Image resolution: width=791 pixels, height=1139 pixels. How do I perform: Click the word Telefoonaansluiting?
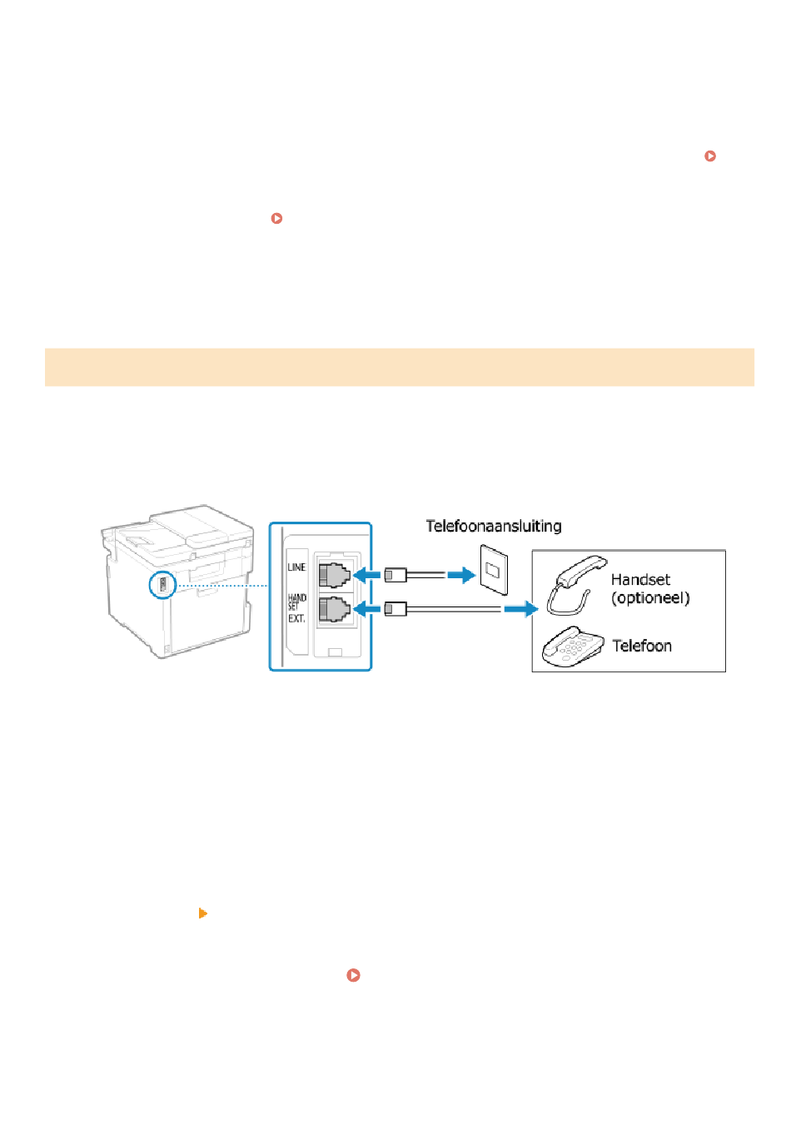494,526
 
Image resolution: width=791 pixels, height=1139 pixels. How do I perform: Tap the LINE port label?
296,567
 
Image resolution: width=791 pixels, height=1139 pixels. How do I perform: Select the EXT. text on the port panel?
296,619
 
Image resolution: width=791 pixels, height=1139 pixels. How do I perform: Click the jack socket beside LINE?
334,574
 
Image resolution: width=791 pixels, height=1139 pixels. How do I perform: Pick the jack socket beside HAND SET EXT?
334,609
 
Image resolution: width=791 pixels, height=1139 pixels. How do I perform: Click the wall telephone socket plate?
492,570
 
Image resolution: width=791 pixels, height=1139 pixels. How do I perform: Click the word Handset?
640,580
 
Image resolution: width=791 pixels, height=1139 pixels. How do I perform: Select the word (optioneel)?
650,598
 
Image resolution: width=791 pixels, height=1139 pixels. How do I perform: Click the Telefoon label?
642,646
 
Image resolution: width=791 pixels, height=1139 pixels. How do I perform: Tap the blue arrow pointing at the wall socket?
460,574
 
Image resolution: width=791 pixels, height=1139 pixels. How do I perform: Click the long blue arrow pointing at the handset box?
521,609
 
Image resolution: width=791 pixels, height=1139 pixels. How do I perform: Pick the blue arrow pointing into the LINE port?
367,574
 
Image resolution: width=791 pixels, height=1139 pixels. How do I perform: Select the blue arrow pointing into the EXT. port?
367,609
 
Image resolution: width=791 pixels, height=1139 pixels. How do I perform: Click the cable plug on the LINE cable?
395,574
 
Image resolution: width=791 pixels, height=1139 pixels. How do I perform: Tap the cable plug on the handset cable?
395,609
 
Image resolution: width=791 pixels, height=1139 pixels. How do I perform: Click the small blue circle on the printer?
162,585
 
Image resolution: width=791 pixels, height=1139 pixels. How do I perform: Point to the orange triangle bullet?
202,914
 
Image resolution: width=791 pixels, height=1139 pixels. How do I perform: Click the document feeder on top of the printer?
187,525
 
